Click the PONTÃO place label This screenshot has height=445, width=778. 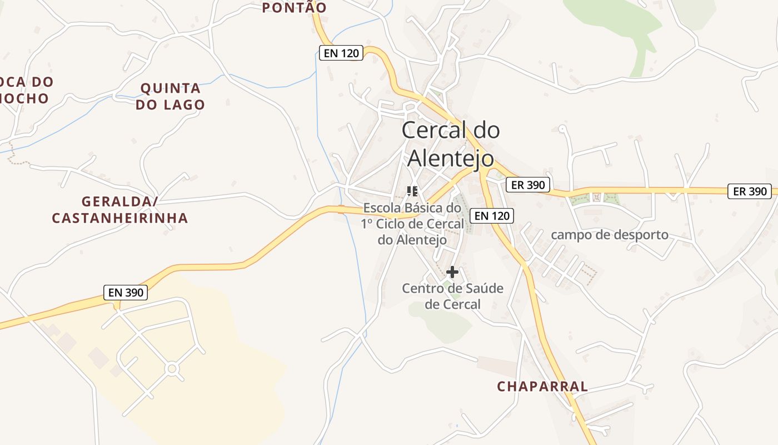[x=294, y=7]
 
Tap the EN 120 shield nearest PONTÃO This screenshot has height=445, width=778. [x=341, y=53]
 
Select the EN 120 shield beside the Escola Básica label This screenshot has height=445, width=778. [x=491, y=215]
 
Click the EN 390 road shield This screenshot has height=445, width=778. [x=126, y=292]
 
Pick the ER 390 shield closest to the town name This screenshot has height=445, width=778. [x=528, y=185]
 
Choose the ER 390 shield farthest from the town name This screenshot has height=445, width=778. [x=750, y=191]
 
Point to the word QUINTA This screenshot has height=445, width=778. [x=171, y=88]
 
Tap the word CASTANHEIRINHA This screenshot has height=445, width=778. [x=120, y=218]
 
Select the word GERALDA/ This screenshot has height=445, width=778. [x=120, y=201]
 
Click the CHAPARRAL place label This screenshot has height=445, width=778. [x=542, y=386]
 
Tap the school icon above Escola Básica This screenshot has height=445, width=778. [x=412, y=191]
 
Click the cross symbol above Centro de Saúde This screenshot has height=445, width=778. [x=452, y=272]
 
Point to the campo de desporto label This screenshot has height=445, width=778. [x=610, y=235]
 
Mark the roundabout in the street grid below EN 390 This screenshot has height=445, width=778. [x=172, y=368]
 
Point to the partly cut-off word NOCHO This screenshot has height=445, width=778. [x=24, y=98]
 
